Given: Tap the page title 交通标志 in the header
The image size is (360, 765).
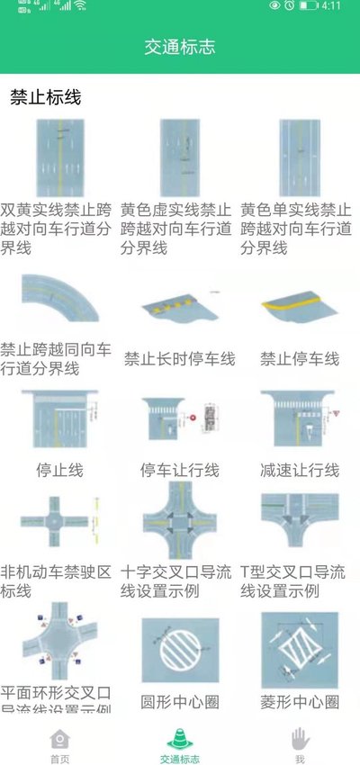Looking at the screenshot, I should click(180, 47).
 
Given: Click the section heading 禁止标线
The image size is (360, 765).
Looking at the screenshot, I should click(46, 97).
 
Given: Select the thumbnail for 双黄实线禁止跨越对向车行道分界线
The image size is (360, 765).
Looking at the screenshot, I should click(59, 157).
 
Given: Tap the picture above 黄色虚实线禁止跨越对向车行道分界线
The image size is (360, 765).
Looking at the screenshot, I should click(179, 157).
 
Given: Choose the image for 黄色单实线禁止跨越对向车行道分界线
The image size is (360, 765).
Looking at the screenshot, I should click(299, 157).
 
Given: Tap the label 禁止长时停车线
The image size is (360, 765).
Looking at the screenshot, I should click(179, 359).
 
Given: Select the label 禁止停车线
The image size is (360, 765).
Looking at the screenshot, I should click(299, 359).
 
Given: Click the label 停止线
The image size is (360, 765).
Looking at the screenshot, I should click(59, 470).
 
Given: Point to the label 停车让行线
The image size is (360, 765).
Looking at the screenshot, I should click(179, 470).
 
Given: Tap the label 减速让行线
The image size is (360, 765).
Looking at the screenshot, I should click(299, 470).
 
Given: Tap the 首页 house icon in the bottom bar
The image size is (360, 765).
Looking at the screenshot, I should click(59, 739).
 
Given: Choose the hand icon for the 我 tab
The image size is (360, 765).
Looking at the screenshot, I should click(300, 739).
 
